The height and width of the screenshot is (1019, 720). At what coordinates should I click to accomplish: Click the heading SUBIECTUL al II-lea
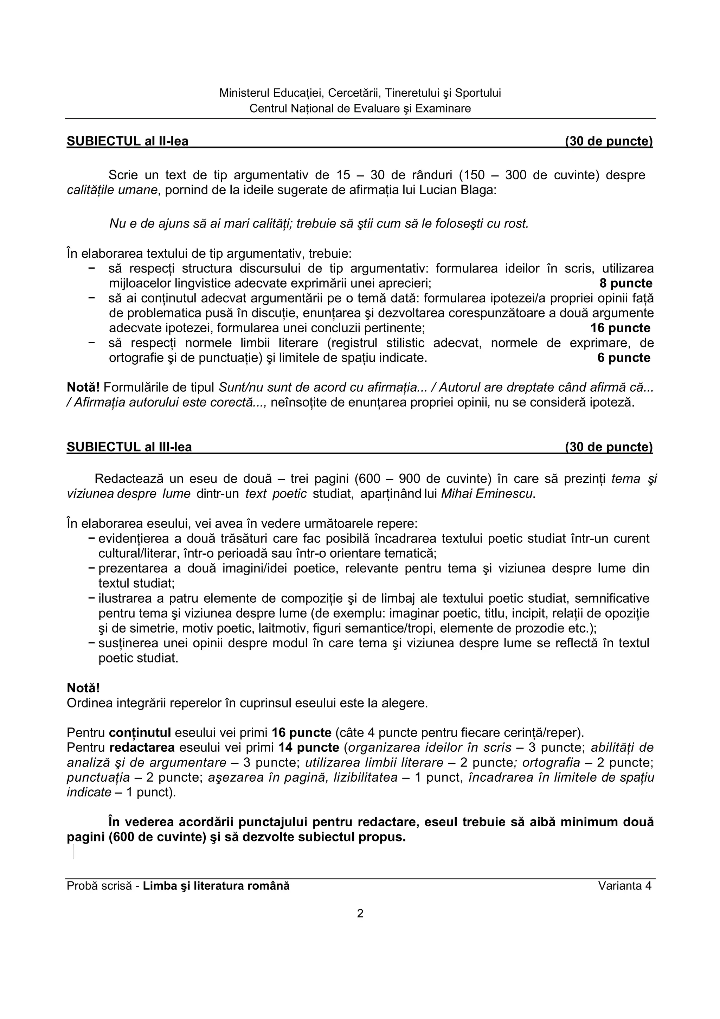127,141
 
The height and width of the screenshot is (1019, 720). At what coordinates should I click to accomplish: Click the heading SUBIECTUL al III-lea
129,447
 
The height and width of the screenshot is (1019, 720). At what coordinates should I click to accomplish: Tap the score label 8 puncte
625,284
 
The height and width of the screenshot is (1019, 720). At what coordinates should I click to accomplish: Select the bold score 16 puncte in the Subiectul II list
620,328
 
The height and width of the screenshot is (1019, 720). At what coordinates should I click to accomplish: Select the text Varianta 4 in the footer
625,886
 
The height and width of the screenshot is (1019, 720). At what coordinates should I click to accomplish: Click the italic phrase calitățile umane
112,190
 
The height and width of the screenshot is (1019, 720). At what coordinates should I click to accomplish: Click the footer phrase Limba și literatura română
216,886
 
